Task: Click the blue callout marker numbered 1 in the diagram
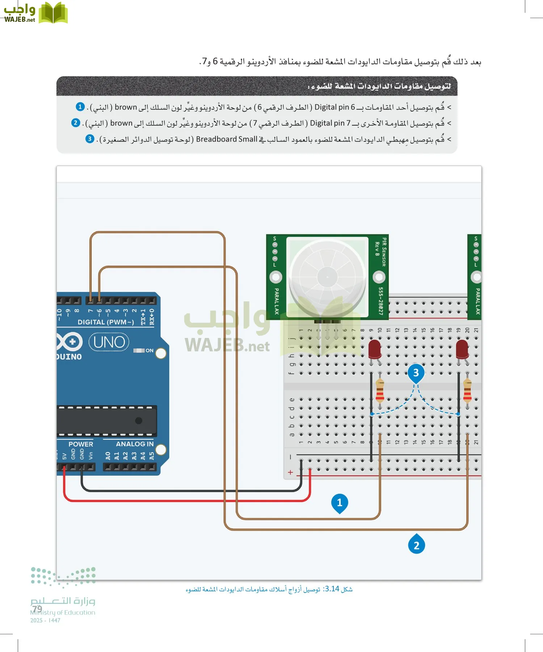[x=340, y=502]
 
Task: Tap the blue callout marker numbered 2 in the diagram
[x=416, y=545]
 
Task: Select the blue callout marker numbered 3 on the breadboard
[x=416, y=372]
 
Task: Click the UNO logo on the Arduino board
[x=109, y=342]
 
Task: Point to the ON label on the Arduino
[x=149, y=351]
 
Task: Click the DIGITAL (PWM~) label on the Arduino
[x=106, y=322]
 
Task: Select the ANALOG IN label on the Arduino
[x=135, y=444]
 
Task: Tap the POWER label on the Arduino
[x=81, y=444]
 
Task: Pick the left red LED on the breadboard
[x=375, y=348]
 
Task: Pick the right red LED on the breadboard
[x=462, y=348]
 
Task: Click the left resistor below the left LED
[x=380, y=390]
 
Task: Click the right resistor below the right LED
[x=467, y=390]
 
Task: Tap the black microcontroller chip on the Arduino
[x=107, y=421]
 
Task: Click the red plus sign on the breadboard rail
[x=290, y=472]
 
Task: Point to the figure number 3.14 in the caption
[x=332, y=589]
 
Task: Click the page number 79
[x=37, y=609]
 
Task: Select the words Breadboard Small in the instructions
[x=227, y=139]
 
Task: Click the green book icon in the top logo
[x=53, y=13]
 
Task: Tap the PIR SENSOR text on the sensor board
[x=384, y=252]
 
